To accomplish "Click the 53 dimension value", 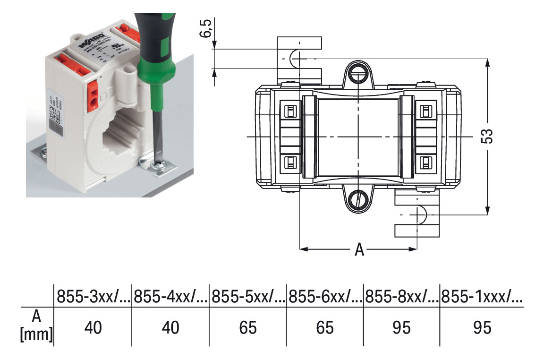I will point(488,136).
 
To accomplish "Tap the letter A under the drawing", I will point(359,249).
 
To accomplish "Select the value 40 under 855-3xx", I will point(93,327).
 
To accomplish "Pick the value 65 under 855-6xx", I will point(325,327).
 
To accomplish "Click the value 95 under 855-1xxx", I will point(481,327).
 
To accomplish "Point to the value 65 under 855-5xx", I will point(248,327).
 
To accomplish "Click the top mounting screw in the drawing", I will point(358,74).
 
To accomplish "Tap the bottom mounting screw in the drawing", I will point(358,198).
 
